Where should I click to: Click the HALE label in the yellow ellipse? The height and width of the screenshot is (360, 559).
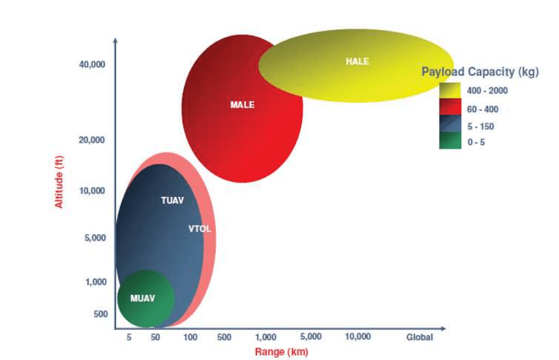(x=357, y=61)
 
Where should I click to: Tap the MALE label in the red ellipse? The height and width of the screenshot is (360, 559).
(x=242, y=104)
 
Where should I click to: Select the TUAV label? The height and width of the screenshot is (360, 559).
(x=172, y=200)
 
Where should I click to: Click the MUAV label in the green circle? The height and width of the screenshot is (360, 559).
(x=143, y=299)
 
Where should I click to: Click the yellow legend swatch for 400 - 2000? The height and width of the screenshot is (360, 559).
(x=450, y=91)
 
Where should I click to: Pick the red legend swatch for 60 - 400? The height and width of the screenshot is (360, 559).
(x=450, y=108)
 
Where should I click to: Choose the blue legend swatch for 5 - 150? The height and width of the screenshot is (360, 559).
(x=450, y=125)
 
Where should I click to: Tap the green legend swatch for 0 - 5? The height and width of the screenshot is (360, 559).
(x=450, y=142)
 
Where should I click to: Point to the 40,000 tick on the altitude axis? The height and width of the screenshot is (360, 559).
(x=92, y=65)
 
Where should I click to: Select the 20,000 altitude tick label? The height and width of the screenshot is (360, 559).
(x=92, y=140)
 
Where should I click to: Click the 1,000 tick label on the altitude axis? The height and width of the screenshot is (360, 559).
(x=96, y=282)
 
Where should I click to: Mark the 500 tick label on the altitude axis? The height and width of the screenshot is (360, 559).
(x=100, y=314)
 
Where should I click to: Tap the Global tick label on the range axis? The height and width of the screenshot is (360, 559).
(x=419, y=337)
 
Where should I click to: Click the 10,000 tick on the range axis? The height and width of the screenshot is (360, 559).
(x=357, y=337)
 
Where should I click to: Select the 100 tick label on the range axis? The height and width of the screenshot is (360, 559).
(x=190, y=337)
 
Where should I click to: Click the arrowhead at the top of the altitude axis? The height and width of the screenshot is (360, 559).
(x=115, y=40)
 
